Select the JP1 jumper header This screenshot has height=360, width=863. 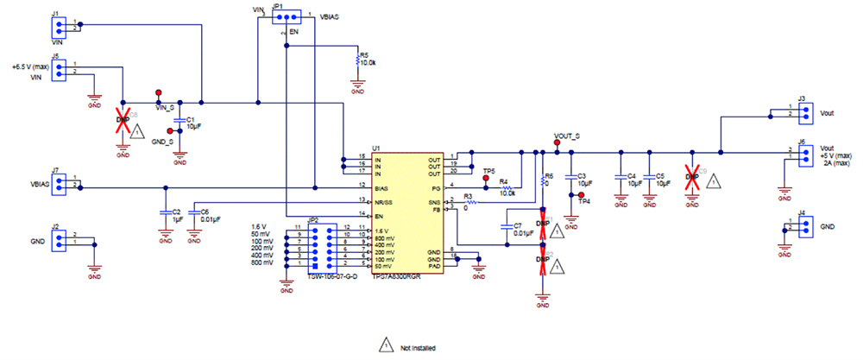[286, 16]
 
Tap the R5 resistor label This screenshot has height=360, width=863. [363, 54]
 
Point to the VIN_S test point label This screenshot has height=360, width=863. [164, 108]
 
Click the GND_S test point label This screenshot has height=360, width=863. [162, 140]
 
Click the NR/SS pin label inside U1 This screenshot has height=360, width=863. [385, 201]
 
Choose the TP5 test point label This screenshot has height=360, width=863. [488, 172]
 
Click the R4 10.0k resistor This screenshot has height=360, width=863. [507, 187]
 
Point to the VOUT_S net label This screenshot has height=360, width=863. [566, 137]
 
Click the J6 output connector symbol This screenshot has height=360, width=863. [803, 155]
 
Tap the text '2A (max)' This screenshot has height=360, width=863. [835, 162]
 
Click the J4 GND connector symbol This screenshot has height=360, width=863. [803, 226]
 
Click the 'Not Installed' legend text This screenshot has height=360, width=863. [417, 348]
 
